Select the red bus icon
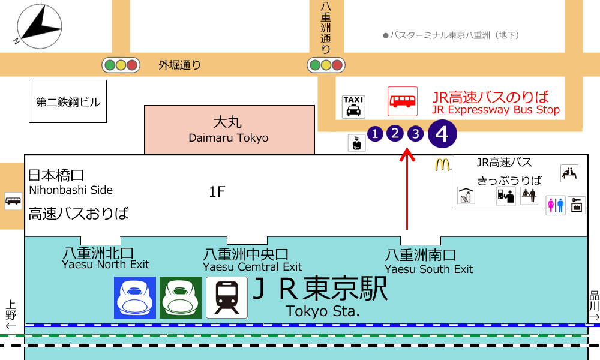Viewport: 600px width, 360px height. click(x=402, y=101)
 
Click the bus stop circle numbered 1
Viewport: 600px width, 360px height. click(x=375, y=134)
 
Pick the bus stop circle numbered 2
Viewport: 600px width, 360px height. click(x=395, y=134)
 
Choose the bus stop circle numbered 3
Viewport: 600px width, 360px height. click(x=415, y=134)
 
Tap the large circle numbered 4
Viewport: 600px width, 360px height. click(x=442, y=134)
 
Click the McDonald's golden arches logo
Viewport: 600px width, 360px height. click(x=443, y=164)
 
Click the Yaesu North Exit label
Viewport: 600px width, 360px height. click(x=106, y=259)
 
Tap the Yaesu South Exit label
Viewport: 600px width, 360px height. click(x=428, y=262)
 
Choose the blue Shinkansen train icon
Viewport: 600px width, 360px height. click(x=135, y=298)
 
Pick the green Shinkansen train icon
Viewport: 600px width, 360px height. click(x=181, y=298)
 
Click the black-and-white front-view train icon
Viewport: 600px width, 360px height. click(x=227, y=298)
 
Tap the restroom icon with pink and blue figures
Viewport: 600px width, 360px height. click(x=555, y=205)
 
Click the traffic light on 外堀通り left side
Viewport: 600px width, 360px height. click(x=121, y=65)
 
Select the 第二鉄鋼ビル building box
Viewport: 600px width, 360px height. click(x=68, y=102)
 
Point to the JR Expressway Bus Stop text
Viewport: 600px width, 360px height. click(x=496, y=103)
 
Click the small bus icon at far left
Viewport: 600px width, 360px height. click(x=13, y=200)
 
